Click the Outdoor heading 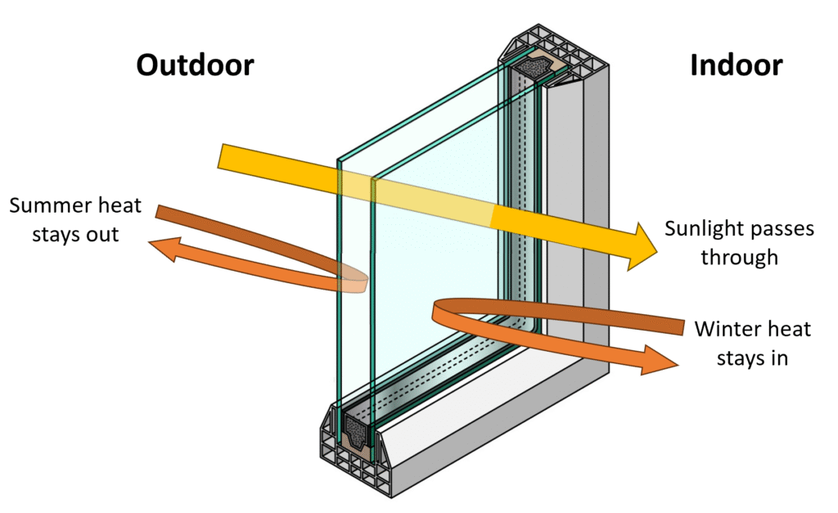tap(195, 65)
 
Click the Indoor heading tap(736, 65)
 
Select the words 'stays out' tap(64, 234)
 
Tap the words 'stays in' tap(752, 358)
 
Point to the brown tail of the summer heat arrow tap(168, 214)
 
